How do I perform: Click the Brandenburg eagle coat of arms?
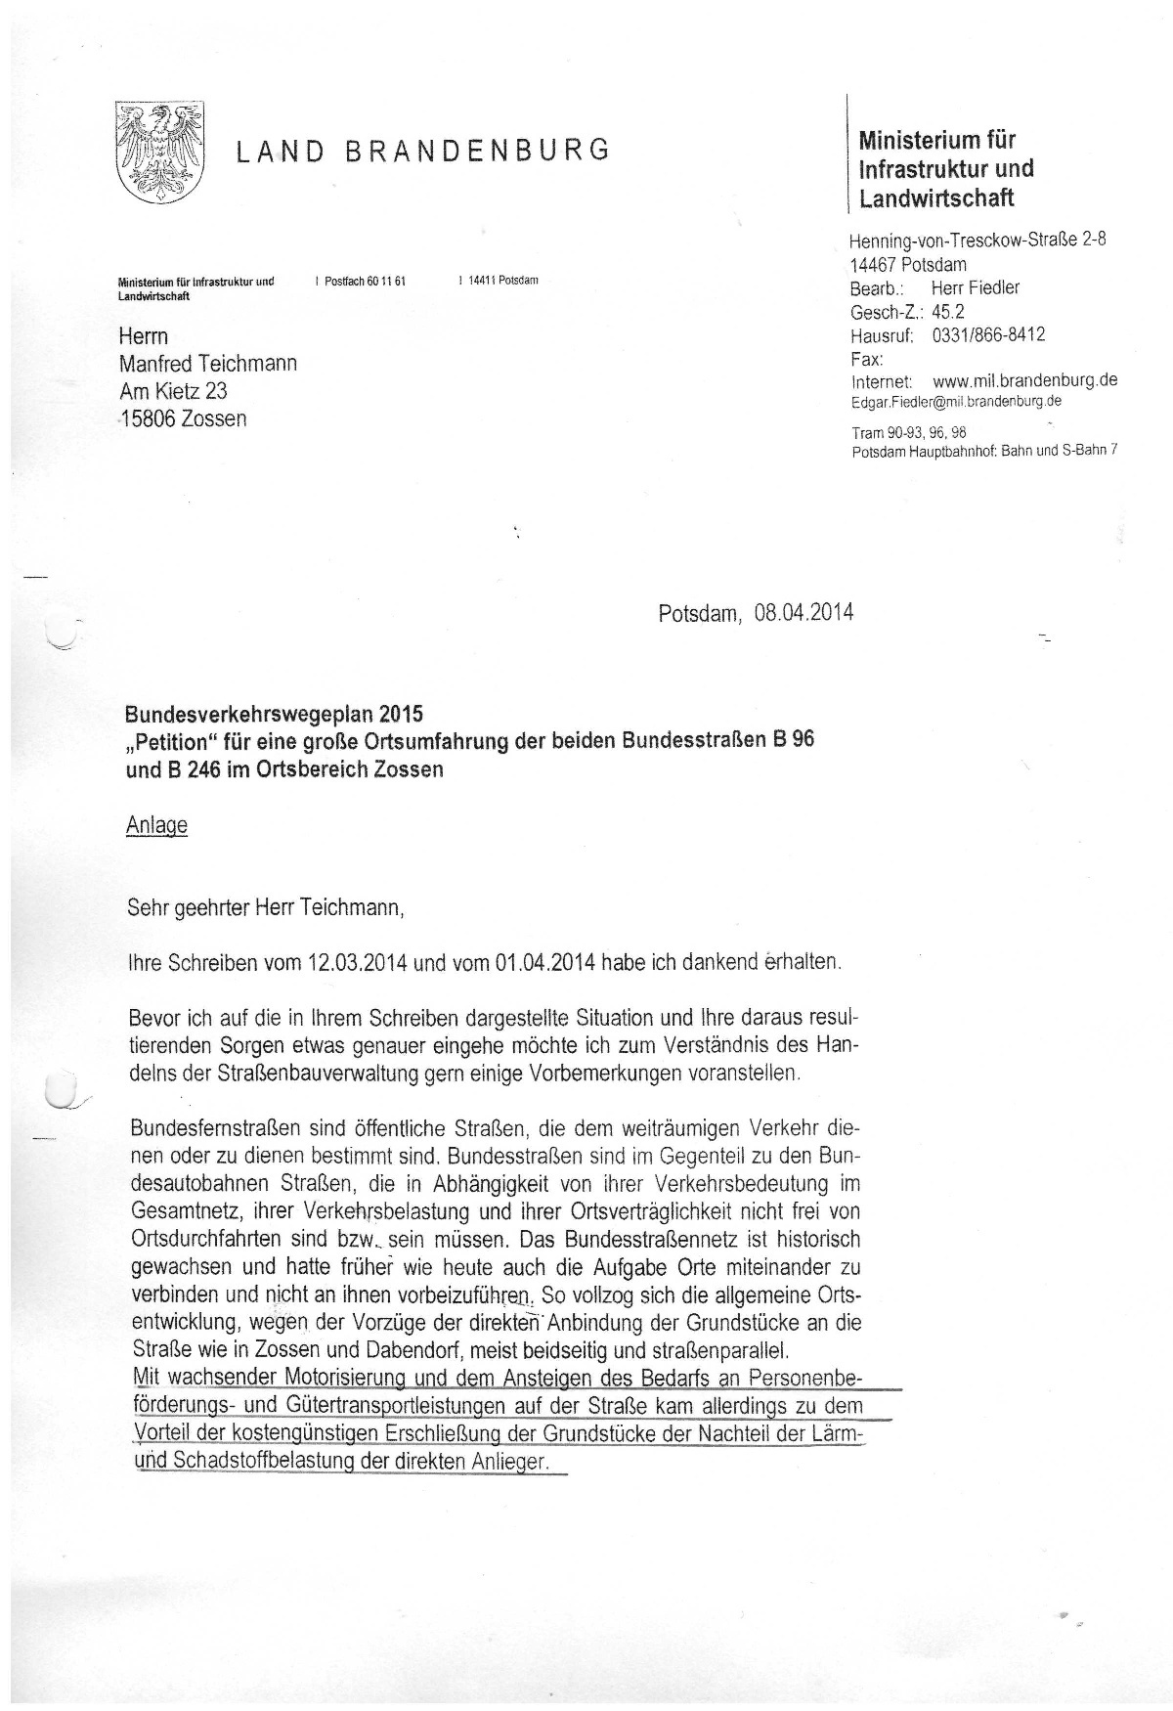(159, 150)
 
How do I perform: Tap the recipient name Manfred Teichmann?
(207, 364)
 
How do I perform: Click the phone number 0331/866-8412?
(988, 335)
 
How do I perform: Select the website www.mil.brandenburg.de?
(1025, 381)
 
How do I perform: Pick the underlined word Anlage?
(156, 825)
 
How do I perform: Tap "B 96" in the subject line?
(793, 740)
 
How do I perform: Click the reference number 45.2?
(947, 312)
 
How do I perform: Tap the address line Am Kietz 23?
(173, 391)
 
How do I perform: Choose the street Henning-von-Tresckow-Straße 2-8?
(977, 240)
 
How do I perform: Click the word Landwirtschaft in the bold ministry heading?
(936, 198)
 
